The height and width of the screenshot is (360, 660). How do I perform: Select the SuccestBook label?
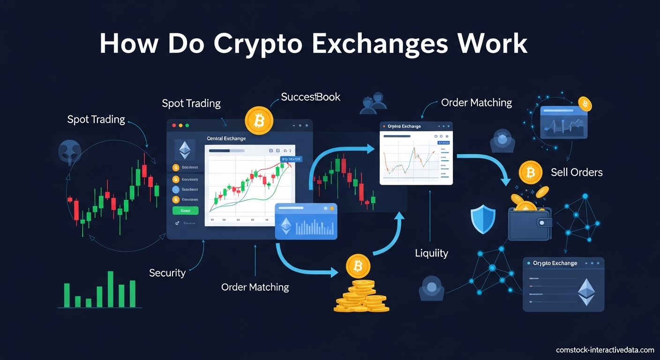point(310,97)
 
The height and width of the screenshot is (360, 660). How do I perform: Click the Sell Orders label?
point(577,172)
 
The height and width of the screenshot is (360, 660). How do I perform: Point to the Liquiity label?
point(431,254)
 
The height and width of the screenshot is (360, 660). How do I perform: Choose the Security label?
point(167,273)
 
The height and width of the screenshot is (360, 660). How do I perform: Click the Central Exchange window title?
point(226,139)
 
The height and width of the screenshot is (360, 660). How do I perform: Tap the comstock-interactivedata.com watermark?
point(605,350)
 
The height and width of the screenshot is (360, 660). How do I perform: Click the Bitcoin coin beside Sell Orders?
point(530,173)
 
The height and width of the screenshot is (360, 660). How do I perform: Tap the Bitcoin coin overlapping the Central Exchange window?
point(258,121)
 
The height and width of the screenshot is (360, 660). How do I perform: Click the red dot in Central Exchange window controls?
point(174,126)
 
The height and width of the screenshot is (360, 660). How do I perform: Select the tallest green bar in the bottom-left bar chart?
point(111,289)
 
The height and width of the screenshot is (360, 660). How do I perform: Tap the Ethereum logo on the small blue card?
point(285,226)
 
